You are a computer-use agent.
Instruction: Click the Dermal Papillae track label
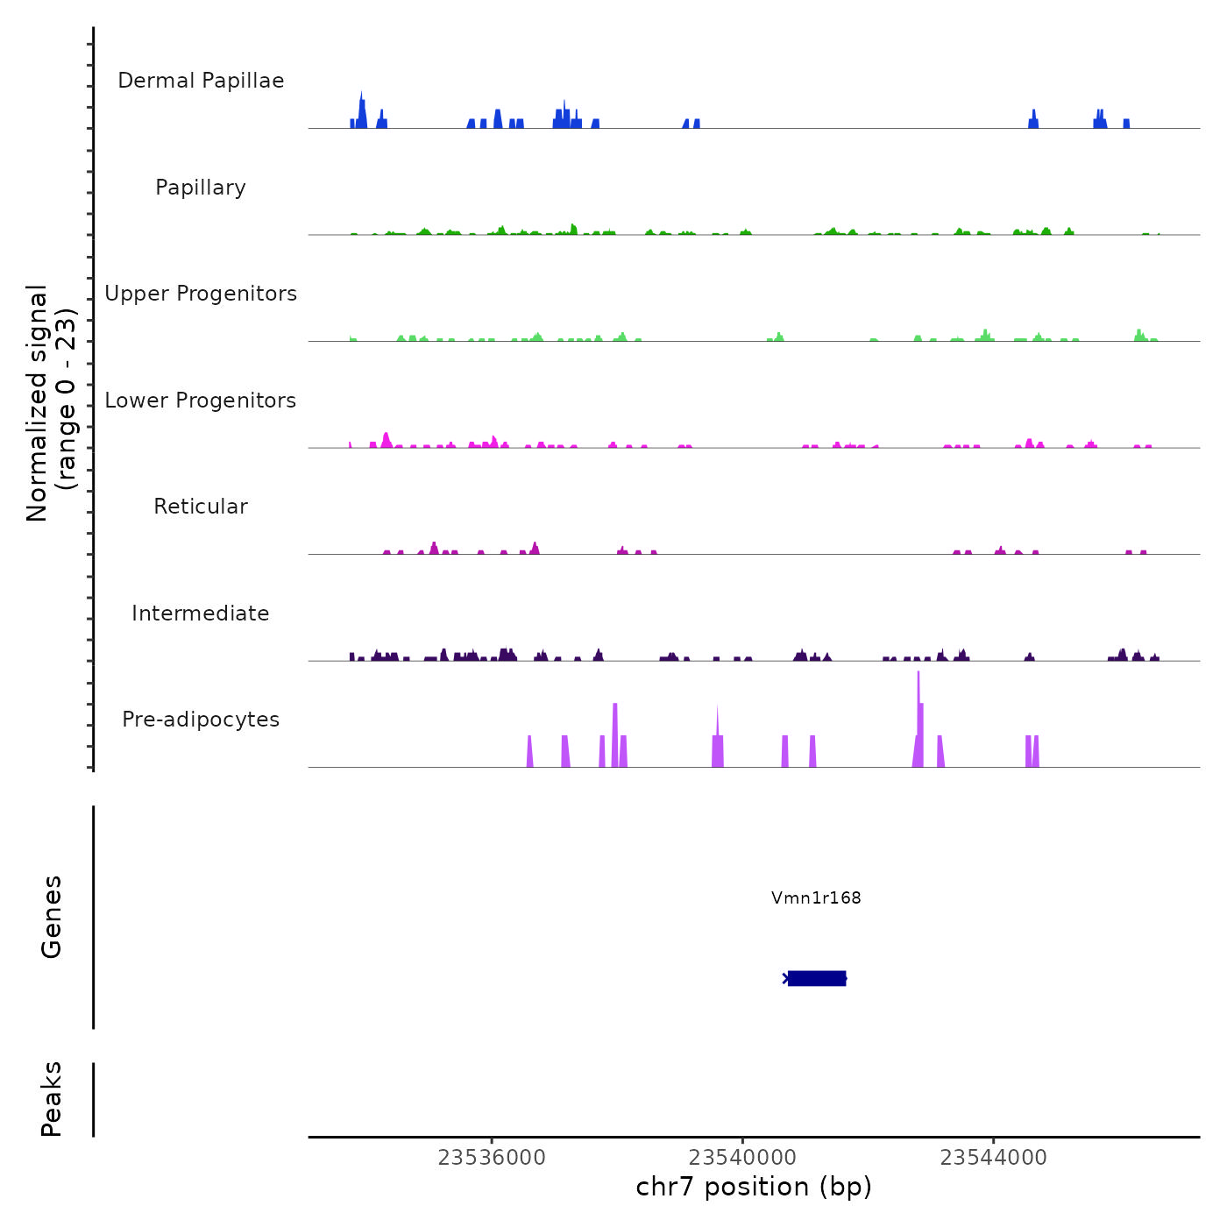[201, 81]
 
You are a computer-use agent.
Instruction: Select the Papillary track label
[201, 188]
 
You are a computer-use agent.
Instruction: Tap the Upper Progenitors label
[201, 294]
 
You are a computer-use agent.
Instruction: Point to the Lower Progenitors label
[201, 401]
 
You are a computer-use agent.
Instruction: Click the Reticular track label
[201, 507]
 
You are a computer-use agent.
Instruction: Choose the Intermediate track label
[201, 613]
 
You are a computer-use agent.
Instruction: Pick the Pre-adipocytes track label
[201, 720]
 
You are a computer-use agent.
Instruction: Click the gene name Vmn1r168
[816, 897]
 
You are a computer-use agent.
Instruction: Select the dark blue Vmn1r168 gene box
[817, 978]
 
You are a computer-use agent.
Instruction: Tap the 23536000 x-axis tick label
[492, 1158]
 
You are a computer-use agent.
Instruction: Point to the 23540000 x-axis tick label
[742, 1158]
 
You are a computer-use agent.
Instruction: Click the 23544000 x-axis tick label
[994, 1158]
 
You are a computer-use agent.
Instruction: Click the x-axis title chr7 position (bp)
[754, 1187]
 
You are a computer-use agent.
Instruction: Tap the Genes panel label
[52, 917]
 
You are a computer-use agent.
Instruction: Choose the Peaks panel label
[52, 1099]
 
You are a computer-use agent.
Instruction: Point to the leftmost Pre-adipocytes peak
[529, 752]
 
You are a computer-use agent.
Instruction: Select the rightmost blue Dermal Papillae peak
[1126, 124]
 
